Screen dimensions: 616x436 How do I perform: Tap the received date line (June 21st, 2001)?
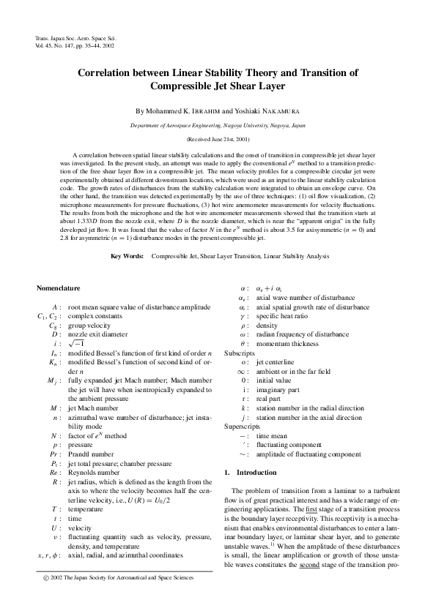coord(218,138)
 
